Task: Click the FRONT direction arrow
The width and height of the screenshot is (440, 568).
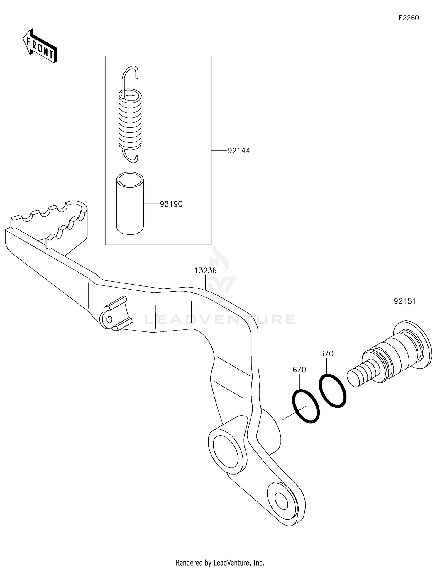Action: tap(40, 46)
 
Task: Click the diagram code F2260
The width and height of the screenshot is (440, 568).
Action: tap(408, 18)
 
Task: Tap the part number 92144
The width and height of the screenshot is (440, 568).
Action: tap(239, 151)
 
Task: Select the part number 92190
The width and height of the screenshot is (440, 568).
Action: tap(171, 204)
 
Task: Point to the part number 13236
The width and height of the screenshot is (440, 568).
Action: tap(205, 270)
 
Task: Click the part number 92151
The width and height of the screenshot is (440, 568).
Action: tap(405, 301)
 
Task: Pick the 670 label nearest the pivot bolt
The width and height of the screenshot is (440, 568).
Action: tap(326, 354)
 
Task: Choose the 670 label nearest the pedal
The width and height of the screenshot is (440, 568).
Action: tap(299, 370)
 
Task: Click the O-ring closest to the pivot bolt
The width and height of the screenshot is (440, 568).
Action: tap(333, 391)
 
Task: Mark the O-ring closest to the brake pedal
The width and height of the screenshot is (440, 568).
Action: tap(306, 406)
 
